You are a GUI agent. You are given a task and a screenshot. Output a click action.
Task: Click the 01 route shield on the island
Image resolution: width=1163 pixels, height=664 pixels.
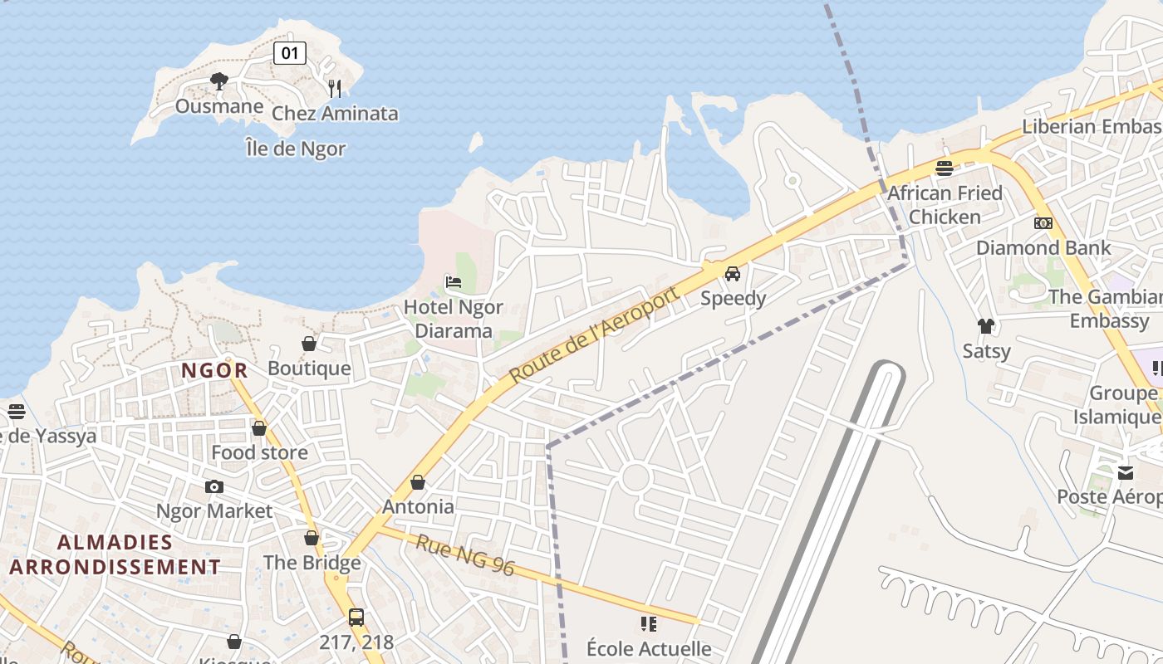pos(289,54)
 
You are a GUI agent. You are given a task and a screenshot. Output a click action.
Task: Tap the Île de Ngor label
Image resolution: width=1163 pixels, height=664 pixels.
pos(295,149)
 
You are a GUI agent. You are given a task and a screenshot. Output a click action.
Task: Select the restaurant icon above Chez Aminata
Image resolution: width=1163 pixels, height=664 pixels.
pos(335,89)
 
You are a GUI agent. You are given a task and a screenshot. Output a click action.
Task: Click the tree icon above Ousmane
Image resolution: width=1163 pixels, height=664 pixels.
pos(219,81)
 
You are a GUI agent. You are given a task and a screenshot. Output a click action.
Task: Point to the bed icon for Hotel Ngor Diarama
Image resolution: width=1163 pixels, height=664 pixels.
pos(454,282)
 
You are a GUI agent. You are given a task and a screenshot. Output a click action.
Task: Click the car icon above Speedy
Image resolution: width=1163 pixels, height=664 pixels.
pos(732,273)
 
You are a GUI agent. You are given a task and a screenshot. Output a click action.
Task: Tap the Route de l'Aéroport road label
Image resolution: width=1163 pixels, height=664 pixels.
pos(594,334)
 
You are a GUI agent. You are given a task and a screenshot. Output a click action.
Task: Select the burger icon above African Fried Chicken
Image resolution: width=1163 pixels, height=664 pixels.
pos(944,168)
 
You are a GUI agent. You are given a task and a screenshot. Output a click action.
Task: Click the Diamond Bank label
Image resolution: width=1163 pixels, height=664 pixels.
pos(1043,247)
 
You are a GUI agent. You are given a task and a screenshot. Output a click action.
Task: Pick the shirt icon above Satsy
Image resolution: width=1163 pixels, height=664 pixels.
pos(986,326)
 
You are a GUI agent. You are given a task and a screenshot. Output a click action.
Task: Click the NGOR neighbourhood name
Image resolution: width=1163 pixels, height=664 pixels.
pos(214,371)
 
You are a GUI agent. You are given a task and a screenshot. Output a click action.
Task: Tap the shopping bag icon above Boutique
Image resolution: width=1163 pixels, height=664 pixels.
pos(309,344)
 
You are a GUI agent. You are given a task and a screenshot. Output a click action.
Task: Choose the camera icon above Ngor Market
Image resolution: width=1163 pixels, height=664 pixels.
pos(214,486)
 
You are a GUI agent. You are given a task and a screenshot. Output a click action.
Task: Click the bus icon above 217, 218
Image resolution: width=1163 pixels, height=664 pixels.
pos(356,618)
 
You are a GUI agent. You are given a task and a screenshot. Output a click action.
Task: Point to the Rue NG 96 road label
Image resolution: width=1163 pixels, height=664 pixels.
pos(466,555)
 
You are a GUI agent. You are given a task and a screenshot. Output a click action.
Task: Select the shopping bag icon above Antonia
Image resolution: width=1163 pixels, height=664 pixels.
pos(418,482)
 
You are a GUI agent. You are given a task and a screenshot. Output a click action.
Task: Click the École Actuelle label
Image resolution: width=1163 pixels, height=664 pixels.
pos(649,648)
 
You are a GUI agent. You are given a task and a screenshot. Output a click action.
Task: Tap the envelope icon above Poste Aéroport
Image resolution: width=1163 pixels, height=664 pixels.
pos(1125,472)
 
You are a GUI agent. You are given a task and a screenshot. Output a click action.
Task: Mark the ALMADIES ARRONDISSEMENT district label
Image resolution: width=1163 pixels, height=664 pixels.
pos(115,555)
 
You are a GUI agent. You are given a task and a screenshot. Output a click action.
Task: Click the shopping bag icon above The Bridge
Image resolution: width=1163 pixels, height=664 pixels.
pos(312,538)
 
